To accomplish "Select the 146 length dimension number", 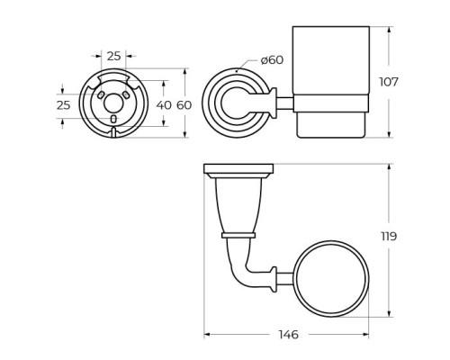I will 287,335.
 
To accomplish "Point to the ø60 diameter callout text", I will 272,60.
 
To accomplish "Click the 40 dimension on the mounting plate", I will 162,105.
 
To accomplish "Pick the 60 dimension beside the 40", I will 184,105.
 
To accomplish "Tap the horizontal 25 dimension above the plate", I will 113,56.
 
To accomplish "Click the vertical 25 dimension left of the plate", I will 62,105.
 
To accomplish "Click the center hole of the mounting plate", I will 113,101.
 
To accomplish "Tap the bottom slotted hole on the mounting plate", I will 113,119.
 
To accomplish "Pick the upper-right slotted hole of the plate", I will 126,94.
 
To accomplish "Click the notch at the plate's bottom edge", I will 113,133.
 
